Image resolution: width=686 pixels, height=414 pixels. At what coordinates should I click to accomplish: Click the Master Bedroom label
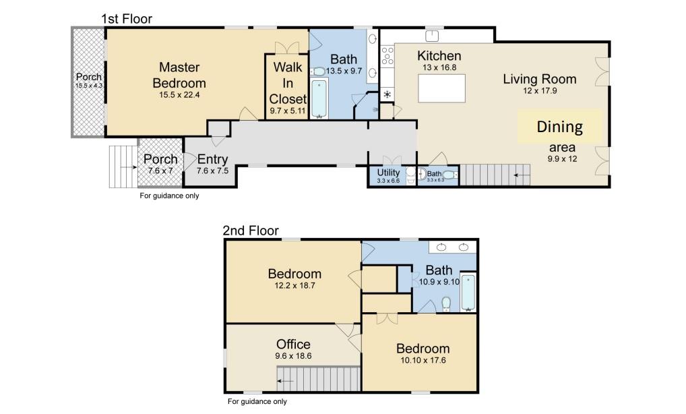(x=179, y=75)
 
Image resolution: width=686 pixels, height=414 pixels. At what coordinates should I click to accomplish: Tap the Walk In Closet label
(x=288, y=83)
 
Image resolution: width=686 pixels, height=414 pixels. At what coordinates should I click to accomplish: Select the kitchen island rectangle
(x=441, y=88)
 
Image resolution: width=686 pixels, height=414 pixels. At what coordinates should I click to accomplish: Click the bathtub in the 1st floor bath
(x=319, y=98)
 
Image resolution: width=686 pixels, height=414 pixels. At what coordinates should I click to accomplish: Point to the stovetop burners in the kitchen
(x=387, y=57)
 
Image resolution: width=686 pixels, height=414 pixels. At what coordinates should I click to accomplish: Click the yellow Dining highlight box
(x=559, y=127)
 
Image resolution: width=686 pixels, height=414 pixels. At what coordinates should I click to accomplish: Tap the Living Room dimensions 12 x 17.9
(x=540, y=91)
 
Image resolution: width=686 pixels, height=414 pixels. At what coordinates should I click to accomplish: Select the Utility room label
(x=389, y=172)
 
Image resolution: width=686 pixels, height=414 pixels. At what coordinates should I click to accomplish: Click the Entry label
(x=213, y=159)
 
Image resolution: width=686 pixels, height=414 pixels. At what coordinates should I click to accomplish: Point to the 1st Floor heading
(x=127, y=19)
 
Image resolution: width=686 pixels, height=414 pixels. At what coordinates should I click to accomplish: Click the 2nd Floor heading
(x=251, y=231)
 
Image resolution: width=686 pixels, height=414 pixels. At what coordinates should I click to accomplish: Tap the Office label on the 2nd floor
(x=293, y=344)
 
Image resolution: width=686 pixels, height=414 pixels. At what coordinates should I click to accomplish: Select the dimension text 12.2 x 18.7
(x=294, y=286)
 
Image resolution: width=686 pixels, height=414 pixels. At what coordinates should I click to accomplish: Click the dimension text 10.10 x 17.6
(x=423, y=361)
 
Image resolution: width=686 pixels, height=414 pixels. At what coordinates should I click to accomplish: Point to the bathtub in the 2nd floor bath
(x=468, y=293)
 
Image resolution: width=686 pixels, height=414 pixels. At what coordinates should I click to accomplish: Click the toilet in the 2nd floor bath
(x=446, y=304)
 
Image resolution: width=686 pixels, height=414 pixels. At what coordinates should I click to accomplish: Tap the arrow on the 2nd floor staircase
(x=286, y=381)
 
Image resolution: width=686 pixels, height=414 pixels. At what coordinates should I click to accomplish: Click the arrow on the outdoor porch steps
(x=129, y=167)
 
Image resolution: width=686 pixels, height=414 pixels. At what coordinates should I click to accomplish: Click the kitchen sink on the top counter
(x=432, y=36)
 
